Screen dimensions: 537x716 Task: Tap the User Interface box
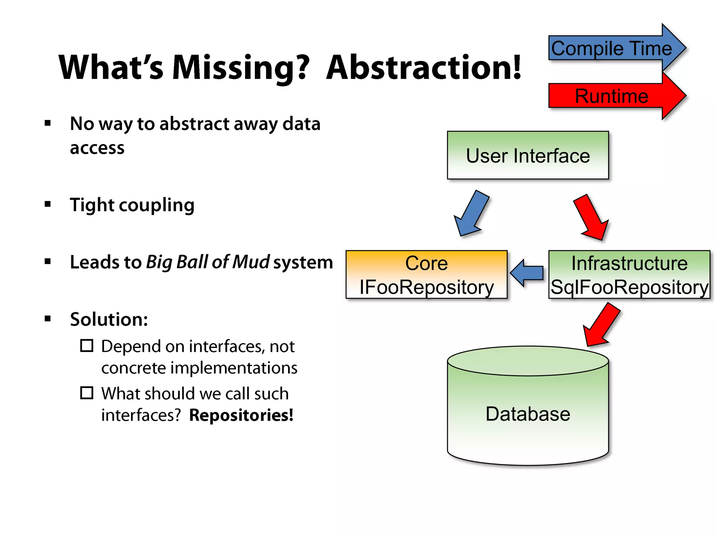[528, 155]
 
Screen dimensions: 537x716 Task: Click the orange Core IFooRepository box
[426, 274]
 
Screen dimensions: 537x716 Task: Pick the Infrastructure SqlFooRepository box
[629, 274]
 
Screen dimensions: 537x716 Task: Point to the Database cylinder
[528, 413]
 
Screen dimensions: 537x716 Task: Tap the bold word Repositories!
[241, 415]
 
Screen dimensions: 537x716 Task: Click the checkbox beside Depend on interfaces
[87, 345]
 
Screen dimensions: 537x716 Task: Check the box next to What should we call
[87, 393]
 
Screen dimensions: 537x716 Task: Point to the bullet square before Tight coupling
[48, 204]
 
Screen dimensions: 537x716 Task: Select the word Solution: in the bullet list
[109, 319]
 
